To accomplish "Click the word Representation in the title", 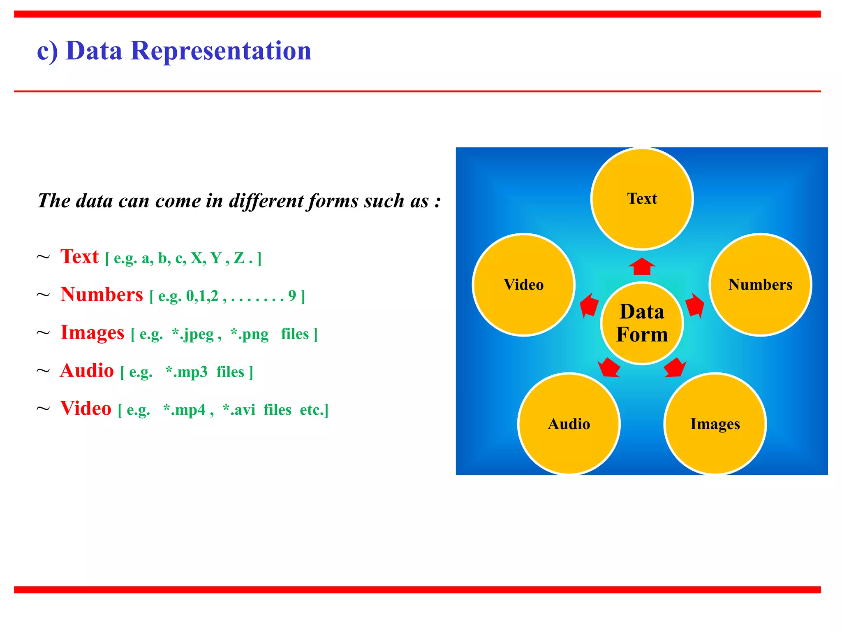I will click(x=221, y=51).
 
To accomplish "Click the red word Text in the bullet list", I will click(x=79, y=256).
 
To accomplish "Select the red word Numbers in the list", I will click(x=102, y=295).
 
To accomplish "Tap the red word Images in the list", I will click(x=92, y=332).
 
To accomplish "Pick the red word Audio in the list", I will click(x=87, y=370).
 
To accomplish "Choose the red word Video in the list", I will click(x=86, y=408).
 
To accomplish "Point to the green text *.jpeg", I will click(x=193, y=334).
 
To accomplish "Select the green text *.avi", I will click(x=239, y=410).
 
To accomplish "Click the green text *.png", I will click(x=250, y=334).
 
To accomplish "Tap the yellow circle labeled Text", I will click(x=642, y=199).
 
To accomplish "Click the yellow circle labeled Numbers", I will click(x=760, y=285).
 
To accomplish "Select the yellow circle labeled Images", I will click(x=715, y=424).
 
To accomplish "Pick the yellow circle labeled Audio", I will click(x=569, y=424).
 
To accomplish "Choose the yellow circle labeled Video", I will click(x=523, y=285).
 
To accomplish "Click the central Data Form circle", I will click(x=642, y=323).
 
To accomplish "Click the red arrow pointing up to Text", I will click(x=642, y=267).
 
